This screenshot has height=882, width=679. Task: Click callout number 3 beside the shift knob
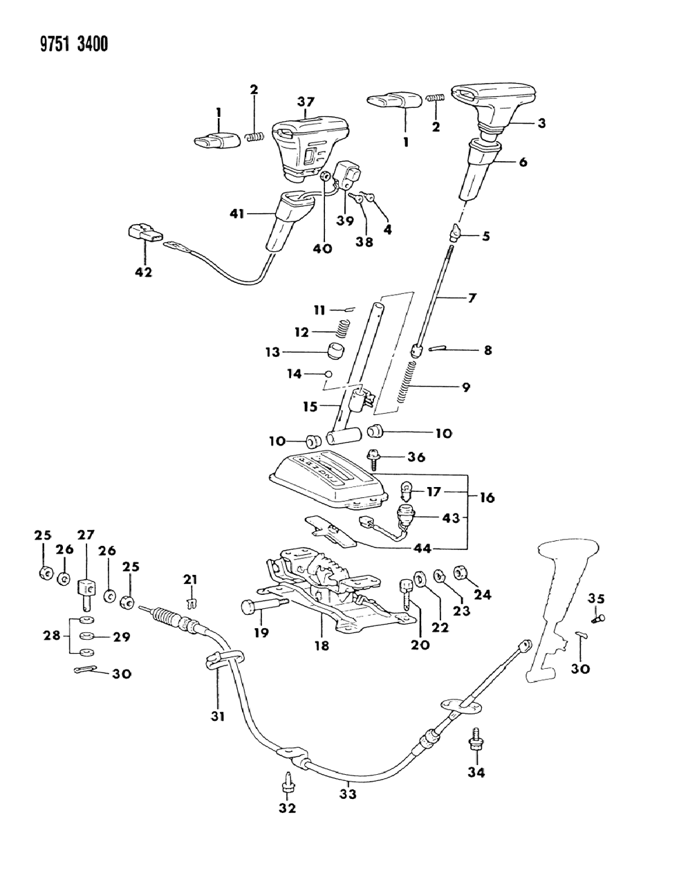click(541, 124)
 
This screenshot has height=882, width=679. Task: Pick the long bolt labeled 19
click(263, 607)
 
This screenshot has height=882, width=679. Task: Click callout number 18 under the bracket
click(322, 645)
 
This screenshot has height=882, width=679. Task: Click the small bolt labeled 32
click(287, 781)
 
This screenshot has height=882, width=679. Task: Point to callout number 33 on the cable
click(347, 795)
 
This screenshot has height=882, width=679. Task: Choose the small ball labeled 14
click(329, 374)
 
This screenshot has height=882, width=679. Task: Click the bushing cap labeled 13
click(336, 350)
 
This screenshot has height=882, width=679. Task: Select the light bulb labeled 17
click(407, 493)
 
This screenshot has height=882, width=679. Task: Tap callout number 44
click(422, 548)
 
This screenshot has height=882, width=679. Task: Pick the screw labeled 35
click(599, 618)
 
